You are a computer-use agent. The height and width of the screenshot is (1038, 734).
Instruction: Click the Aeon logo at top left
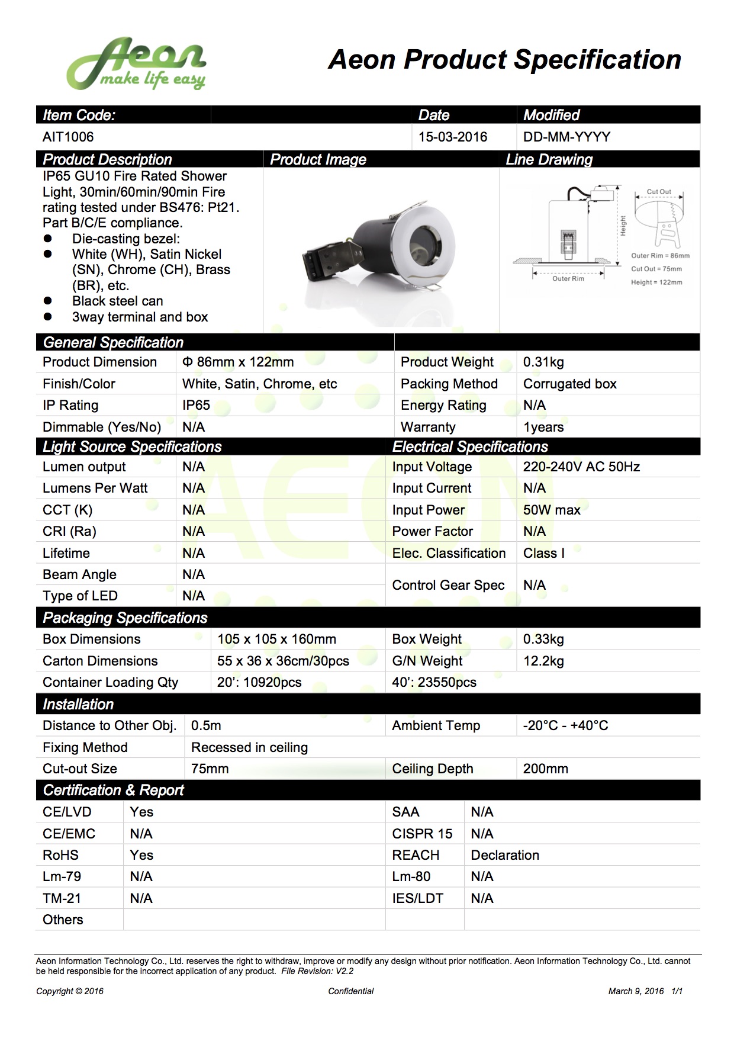(136, 64)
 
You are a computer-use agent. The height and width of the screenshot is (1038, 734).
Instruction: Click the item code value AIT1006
(68, 137)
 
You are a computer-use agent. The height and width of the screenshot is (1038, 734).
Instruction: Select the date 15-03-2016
(452, 137)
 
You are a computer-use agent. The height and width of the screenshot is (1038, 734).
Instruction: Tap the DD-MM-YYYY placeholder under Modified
(566, 137)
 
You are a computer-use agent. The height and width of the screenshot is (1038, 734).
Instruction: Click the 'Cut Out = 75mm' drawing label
(656, 269)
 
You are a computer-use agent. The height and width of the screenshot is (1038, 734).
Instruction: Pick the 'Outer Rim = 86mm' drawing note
(660, 256)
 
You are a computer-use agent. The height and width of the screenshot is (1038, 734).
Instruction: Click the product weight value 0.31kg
(543, 362)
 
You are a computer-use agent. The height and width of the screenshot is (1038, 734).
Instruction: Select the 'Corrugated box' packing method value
(569, 384)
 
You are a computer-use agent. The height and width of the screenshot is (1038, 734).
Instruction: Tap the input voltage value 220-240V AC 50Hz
(581, 467)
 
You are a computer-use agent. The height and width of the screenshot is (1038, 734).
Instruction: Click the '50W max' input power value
(552, 510)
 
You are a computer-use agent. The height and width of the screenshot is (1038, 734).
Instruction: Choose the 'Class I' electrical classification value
(543, 553)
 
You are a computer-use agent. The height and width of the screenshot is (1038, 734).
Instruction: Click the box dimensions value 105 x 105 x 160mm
(276, 639)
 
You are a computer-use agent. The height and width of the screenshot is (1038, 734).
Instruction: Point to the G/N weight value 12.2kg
(543, 661)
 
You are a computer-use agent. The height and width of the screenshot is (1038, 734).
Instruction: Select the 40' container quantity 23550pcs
(434, 682)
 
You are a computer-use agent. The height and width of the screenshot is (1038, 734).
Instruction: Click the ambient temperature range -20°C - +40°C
(565, 725)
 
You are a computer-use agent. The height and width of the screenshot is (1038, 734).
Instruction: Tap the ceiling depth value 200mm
(545, 769)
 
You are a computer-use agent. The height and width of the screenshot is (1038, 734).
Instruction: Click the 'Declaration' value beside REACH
(505, 855)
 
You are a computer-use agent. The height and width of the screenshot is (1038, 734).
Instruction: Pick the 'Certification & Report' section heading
(113, 790)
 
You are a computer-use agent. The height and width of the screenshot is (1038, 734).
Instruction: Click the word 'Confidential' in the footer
(351, 991)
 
